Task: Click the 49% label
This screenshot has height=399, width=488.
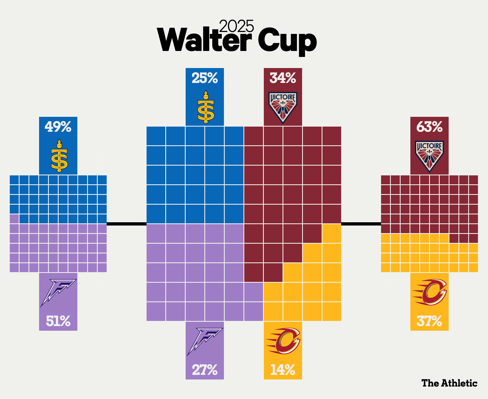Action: [58, 127]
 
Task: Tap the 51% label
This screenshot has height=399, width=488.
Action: [58, 321]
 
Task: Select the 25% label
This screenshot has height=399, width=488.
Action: [205, 78]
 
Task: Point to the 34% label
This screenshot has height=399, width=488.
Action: [283, 78]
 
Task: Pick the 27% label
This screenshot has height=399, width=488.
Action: [205, 370]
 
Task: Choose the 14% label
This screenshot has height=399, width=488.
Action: [283, 370]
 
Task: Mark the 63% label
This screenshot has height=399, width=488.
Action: [429, 127]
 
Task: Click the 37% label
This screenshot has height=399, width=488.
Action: [429, 321]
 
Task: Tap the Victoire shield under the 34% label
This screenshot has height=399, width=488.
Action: [283, 107]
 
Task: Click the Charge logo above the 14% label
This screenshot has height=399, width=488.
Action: [283, 341]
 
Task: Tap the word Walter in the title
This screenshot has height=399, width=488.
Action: [204, 41]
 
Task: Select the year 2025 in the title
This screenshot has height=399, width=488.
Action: [236, 27]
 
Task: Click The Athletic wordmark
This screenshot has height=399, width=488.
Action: [449, 383]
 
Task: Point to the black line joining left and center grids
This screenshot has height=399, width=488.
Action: [126, 224]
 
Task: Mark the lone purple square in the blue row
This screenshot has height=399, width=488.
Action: [14, 219]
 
